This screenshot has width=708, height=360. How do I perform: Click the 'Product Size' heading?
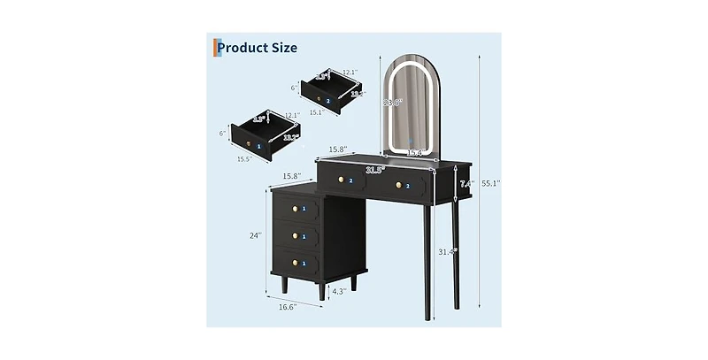[x=257, y=48]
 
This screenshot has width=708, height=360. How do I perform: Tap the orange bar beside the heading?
[x=213, y=47]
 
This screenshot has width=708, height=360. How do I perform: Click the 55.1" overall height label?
[x=491, y=183]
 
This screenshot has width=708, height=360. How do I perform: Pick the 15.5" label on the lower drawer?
[x=243, y=159]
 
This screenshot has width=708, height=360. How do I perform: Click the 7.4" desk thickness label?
[x=466, y=185]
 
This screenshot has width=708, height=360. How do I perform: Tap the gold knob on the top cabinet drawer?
[x=291, y=210]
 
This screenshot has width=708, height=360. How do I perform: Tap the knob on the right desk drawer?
[x=398, y=185]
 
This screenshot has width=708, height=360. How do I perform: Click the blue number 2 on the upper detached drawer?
[x=327, y=101]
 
